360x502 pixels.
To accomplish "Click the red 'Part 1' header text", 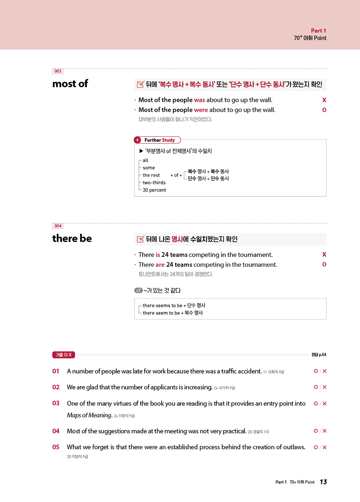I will pos(318,31).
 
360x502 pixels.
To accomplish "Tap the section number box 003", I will pos(58,71).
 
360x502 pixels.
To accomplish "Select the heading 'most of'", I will pos(70,84).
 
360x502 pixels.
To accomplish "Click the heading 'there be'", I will pos(72,238).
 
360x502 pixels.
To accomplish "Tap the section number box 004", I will pos(58,226).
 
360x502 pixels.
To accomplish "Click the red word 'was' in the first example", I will pos(199,100).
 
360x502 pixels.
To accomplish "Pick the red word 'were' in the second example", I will pos(201,110).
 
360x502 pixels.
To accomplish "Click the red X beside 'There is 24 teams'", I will pos(324,255).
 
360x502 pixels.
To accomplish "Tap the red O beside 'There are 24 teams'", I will pos(324,265).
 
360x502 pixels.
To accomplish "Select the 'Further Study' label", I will pos(159,140).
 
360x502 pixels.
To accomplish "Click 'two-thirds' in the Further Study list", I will pos(154,183).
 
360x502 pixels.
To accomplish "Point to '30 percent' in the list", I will pos(154,190).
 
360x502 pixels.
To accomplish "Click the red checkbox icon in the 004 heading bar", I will pos(140,239).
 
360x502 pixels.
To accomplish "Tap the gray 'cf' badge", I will pos(138,290).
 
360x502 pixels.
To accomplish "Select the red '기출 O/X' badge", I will pos(63,355).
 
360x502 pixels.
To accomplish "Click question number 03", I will pos(56,403).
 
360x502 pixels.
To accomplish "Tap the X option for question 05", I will pos(325,447).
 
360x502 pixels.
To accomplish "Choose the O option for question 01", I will pos(316,371).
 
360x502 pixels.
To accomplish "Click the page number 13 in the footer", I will pos(323,482).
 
